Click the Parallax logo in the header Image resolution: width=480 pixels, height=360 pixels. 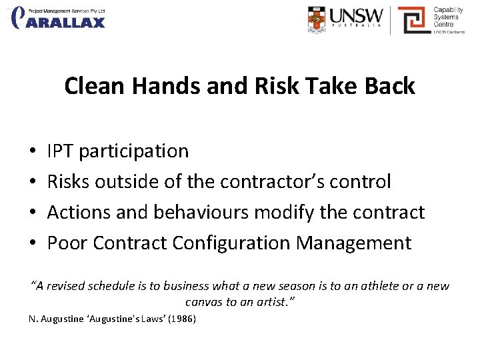59,18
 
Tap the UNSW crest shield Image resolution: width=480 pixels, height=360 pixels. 317,20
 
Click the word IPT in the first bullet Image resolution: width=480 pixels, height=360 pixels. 61,151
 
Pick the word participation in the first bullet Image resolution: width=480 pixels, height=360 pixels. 133,151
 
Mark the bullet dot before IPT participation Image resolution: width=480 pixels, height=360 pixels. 33,152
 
